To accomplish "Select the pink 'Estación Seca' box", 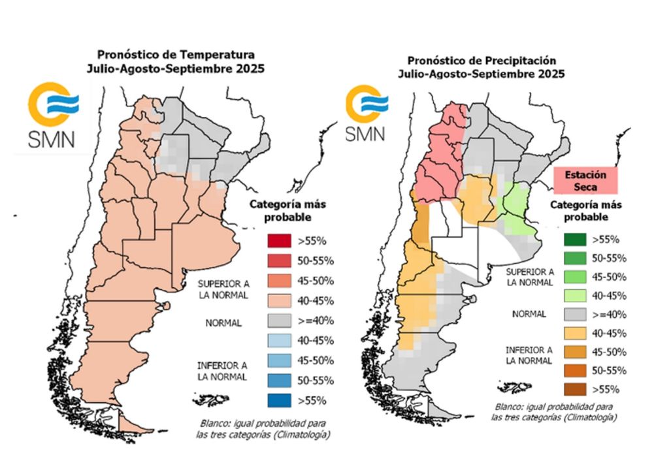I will (x=585, y=180).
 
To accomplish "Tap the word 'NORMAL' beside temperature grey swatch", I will (x=223, y=322).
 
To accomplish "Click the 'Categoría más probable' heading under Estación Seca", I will (x=585, y=210).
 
